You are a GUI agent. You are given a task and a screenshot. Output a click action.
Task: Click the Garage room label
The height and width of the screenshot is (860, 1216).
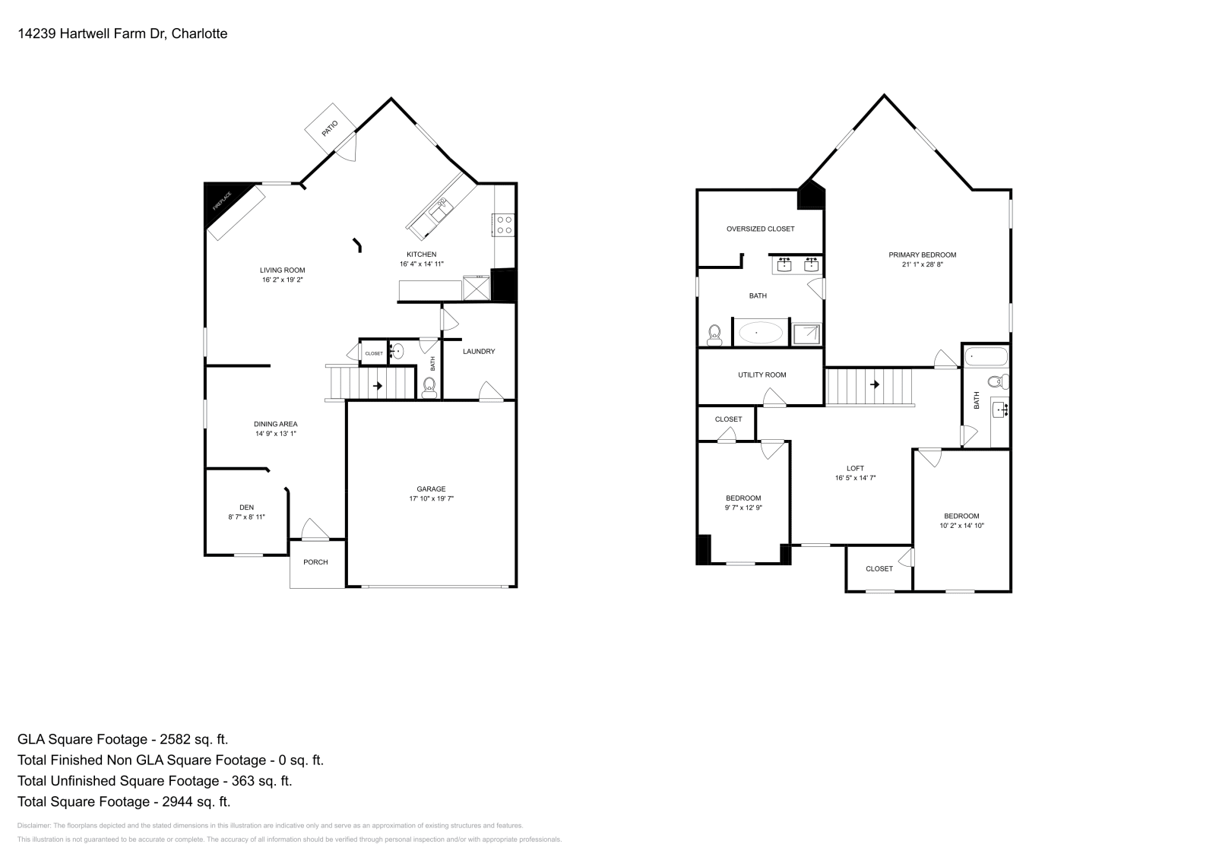(x=431, y=488)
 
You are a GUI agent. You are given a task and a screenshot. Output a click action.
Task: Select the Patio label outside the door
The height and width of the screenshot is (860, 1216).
(x=329, y=127)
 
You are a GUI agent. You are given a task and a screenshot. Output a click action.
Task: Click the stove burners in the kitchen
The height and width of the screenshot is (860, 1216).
(x=504, y=224)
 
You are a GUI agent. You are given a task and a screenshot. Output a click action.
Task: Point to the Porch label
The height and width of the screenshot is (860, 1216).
(x=315, y=562)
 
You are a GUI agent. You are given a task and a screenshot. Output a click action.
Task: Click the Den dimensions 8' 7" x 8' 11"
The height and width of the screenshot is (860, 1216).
(x=246, y=517)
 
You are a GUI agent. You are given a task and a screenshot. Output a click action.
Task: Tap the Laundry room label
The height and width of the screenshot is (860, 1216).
(x=479, y=351)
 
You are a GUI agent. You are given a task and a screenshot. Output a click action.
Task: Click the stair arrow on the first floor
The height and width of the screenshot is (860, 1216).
(x=377, y=386)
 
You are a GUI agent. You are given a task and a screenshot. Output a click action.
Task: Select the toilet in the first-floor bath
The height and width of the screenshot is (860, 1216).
(x=429, y=387)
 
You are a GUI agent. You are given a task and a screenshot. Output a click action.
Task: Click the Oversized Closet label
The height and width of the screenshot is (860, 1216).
(x=760, y=229)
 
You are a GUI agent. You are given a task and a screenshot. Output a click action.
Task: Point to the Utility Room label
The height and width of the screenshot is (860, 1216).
(x=762, y=375)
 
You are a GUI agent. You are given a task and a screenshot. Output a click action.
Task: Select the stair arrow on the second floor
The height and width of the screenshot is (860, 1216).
(x=875, y=384)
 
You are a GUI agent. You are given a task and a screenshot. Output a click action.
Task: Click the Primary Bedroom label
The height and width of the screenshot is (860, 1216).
(x=922, y=255)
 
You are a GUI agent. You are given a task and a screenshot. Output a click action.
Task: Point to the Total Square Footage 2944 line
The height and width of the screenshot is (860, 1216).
(x=123, y=802)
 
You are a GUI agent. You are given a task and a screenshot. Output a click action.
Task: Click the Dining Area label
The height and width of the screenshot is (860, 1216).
(x=275, y=424)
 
